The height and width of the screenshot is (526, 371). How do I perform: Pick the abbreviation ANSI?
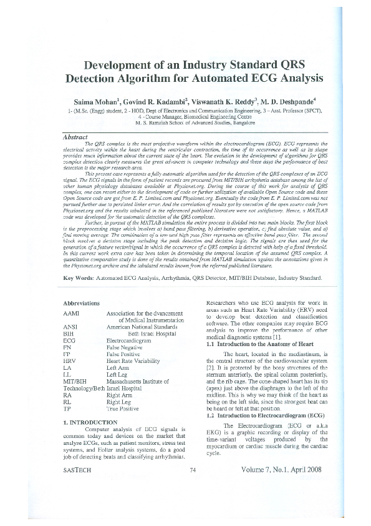(72, 327)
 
